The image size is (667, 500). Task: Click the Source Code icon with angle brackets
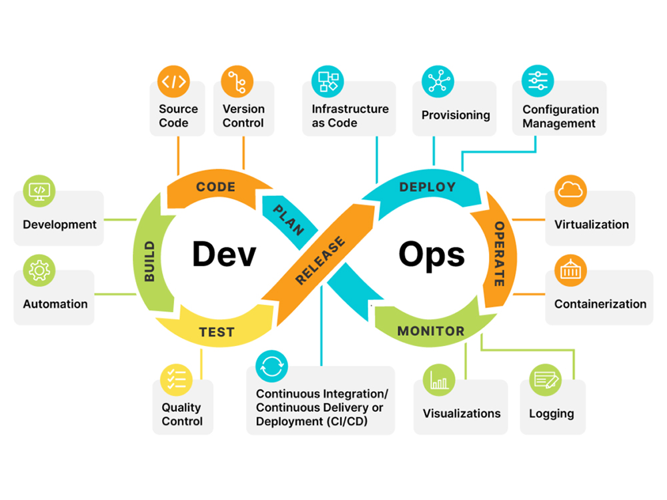(173, 82)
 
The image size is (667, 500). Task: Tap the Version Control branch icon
(238, 82)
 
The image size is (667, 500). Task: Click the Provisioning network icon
(438, 81)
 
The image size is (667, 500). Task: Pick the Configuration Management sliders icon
(537, 81)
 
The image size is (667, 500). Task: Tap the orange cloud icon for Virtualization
(571, 191)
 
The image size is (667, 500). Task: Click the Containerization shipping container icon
(571, 270)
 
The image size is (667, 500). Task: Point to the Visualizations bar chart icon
(439, 380)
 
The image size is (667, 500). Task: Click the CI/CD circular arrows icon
(271, 366)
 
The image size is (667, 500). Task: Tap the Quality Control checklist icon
(177, 380)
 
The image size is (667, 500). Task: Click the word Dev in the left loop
(224, 254)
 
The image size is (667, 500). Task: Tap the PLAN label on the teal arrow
(288, 220)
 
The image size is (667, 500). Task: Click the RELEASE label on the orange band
(320, 261)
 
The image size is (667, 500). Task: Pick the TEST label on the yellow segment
(217, 332)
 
